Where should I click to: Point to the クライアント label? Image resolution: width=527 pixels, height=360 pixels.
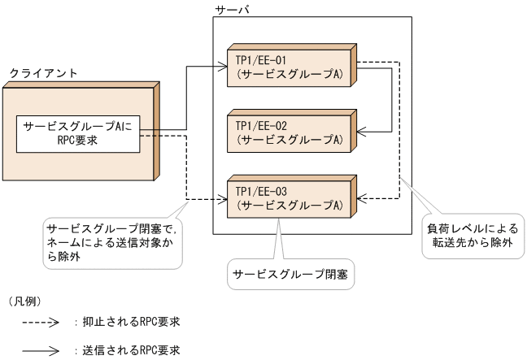click(x=43, y=73)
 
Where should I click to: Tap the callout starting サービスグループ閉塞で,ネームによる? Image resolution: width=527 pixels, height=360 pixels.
click(x=114, y=232)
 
